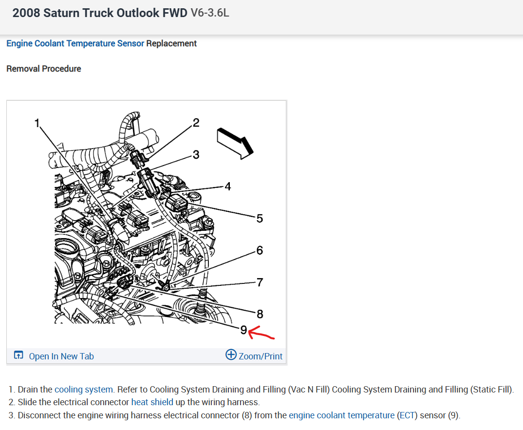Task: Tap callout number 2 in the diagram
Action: pyautogui.click(x=196, y=122)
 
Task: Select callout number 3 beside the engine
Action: pyautogui.click(x=196, y=155)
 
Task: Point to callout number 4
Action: pyautogui.click(x=227, y=186)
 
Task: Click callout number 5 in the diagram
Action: pyautogui.click(x=260, y=218)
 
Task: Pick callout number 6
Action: pyautogui.click(x=260, y=250)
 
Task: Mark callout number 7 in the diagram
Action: pyautogui.click(x=260, y=282)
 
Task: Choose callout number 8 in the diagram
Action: pyautogui.click(x=260, y=314)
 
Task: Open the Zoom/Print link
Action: pyautogui.click(x=260, y=356)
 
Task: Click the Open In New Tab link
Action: pyautogui.click(x=61, y=356)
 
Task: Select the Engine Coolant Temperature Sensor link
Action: pyautogui.click(x=75, y=43)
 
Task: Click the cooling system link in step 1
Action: pyautogui.click(x=84, y=390)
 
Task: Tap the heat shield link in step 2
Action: pyautogui.click(x=152, y=402)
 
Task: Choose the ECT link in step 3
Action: pyautogui.click(x=407, y=415)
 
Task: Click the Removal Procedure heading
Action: pyautogui.click(x=44, y=69)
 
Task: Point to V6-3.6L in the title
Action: pyautogui.click(x=210, y=13)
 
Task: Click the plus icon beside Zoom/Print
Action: pyautogui.click(x=231, y=355)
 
